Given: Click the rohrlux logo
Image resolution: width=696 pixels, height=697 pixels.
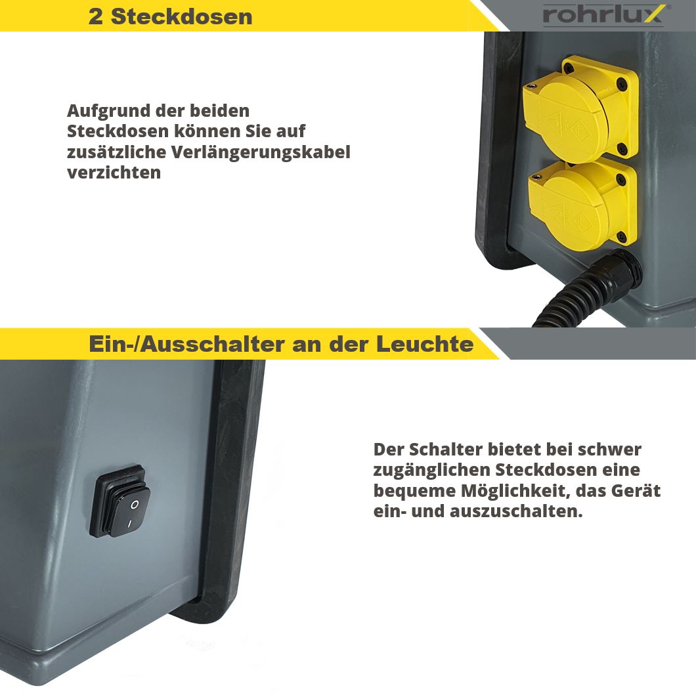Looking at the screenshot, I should (603, 14).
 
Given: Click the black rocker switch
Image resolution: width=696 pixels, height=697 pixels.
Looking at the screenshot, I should (123, 503).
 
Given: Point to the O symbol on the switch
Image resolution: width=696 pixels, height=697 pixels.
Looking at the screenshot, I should (134, 504).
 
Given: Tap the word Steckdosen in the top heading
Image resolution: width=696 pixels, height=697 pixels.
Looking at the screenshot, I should (181, 16).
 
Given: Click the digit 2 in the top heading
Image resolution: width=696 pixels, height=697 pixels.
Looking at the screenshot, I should (96, 16).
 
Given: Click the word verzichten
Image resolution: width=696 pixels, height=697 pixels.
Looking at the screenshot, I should (114, 173).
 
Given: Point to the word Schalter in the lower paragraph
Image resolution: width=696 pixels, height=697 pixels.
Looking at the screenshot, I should (445, 450).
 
